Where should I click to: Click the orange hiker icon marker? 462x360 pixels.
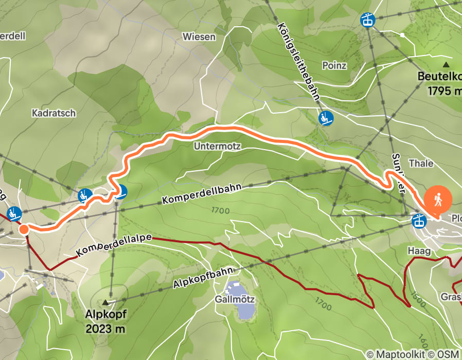point(437,199)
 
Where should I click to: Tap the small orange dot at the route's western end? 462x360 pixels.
point(24,229)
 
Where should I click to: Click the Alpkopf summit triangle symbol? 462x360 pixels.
point(106,302)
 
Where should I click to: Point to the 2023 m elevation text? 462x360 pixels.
point(106,328)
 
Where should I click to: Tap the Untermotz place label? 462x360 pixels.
point(217,146)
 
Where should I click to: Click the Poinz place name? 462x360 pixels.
point(334,65)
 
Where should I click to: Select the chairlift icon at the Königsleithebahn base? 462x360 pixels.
point(326,118)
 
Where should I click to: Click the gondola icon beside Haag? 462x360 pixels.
point(419,221)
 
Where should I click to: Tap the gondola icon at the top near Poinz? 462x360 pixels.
point(368,20)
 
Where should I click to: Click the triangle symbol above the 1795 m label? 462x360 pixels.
point(446,65)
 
